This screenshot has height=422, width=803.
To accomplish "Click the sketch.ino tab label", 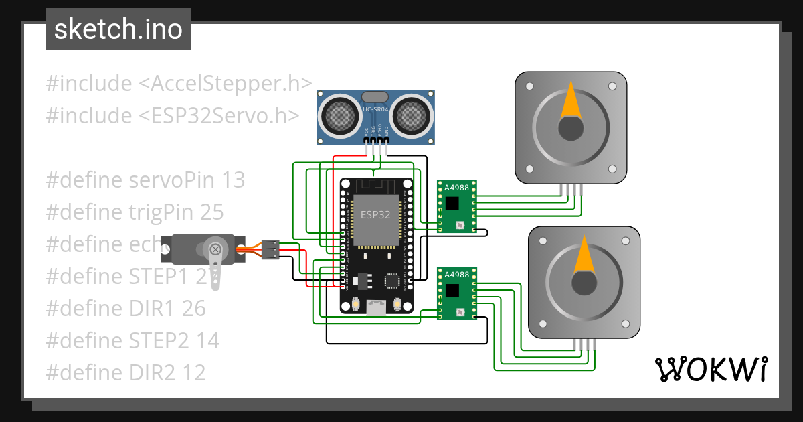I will click(x=118, y=29).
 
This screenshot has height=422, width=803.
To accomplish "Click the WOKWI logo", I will click(x=710, y=369).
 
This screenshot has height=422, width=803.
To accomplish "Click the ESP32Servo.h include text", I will click(x=218, y=115).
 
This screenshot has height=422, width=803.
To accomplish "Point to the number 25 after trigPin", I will click(x=211, y=212).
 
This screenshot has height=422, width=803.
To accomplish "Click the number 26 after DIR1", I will click(x=193, y=308).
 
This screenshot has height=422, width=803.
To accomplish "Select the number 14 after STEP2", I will click(x=207, y=340).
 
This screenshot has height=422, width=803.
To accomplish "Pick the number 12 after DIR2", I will click(x=193, y=372).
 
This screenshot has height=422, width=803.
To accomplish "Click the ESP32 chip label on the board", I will click(x=375, y=215).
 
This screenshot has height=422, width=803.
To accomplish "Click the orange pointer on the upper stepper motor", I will click(x=570, y=100).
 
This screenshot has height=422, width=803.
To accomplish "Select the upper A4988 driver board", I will click(x=456, y=206).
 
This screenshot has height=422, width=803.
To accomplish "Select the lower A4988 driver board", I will click(x=456, y=293).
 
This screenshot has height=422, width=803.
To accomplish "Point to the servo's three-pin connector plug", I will click(x=270, y=249).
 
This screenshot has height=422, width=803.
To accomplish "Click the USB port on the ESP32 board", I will click(x=375, y=307).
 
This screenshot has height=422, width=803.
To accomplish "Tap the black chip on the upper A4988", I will click(x=452, y=202).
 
